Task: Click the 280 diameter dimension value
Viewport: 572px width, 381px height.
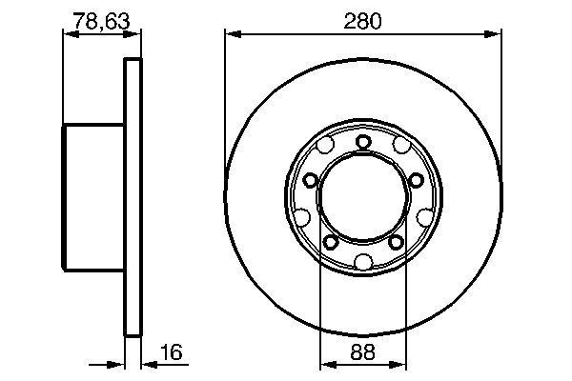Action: tap(363, 20)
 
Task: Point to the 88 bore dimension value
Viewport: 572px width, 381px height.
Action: tap(362, 352)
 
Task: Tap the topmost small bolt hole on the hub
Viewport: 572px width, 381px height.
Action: tap(363, 142)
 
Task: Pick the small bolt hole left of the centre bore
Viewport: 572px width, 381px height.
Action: tap(311, 180)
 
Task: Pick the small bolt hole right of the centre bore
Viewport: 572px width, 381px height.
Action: tap(416, 180)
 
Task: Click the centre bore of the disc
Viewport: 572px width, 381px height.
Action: tap(363, 201)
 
